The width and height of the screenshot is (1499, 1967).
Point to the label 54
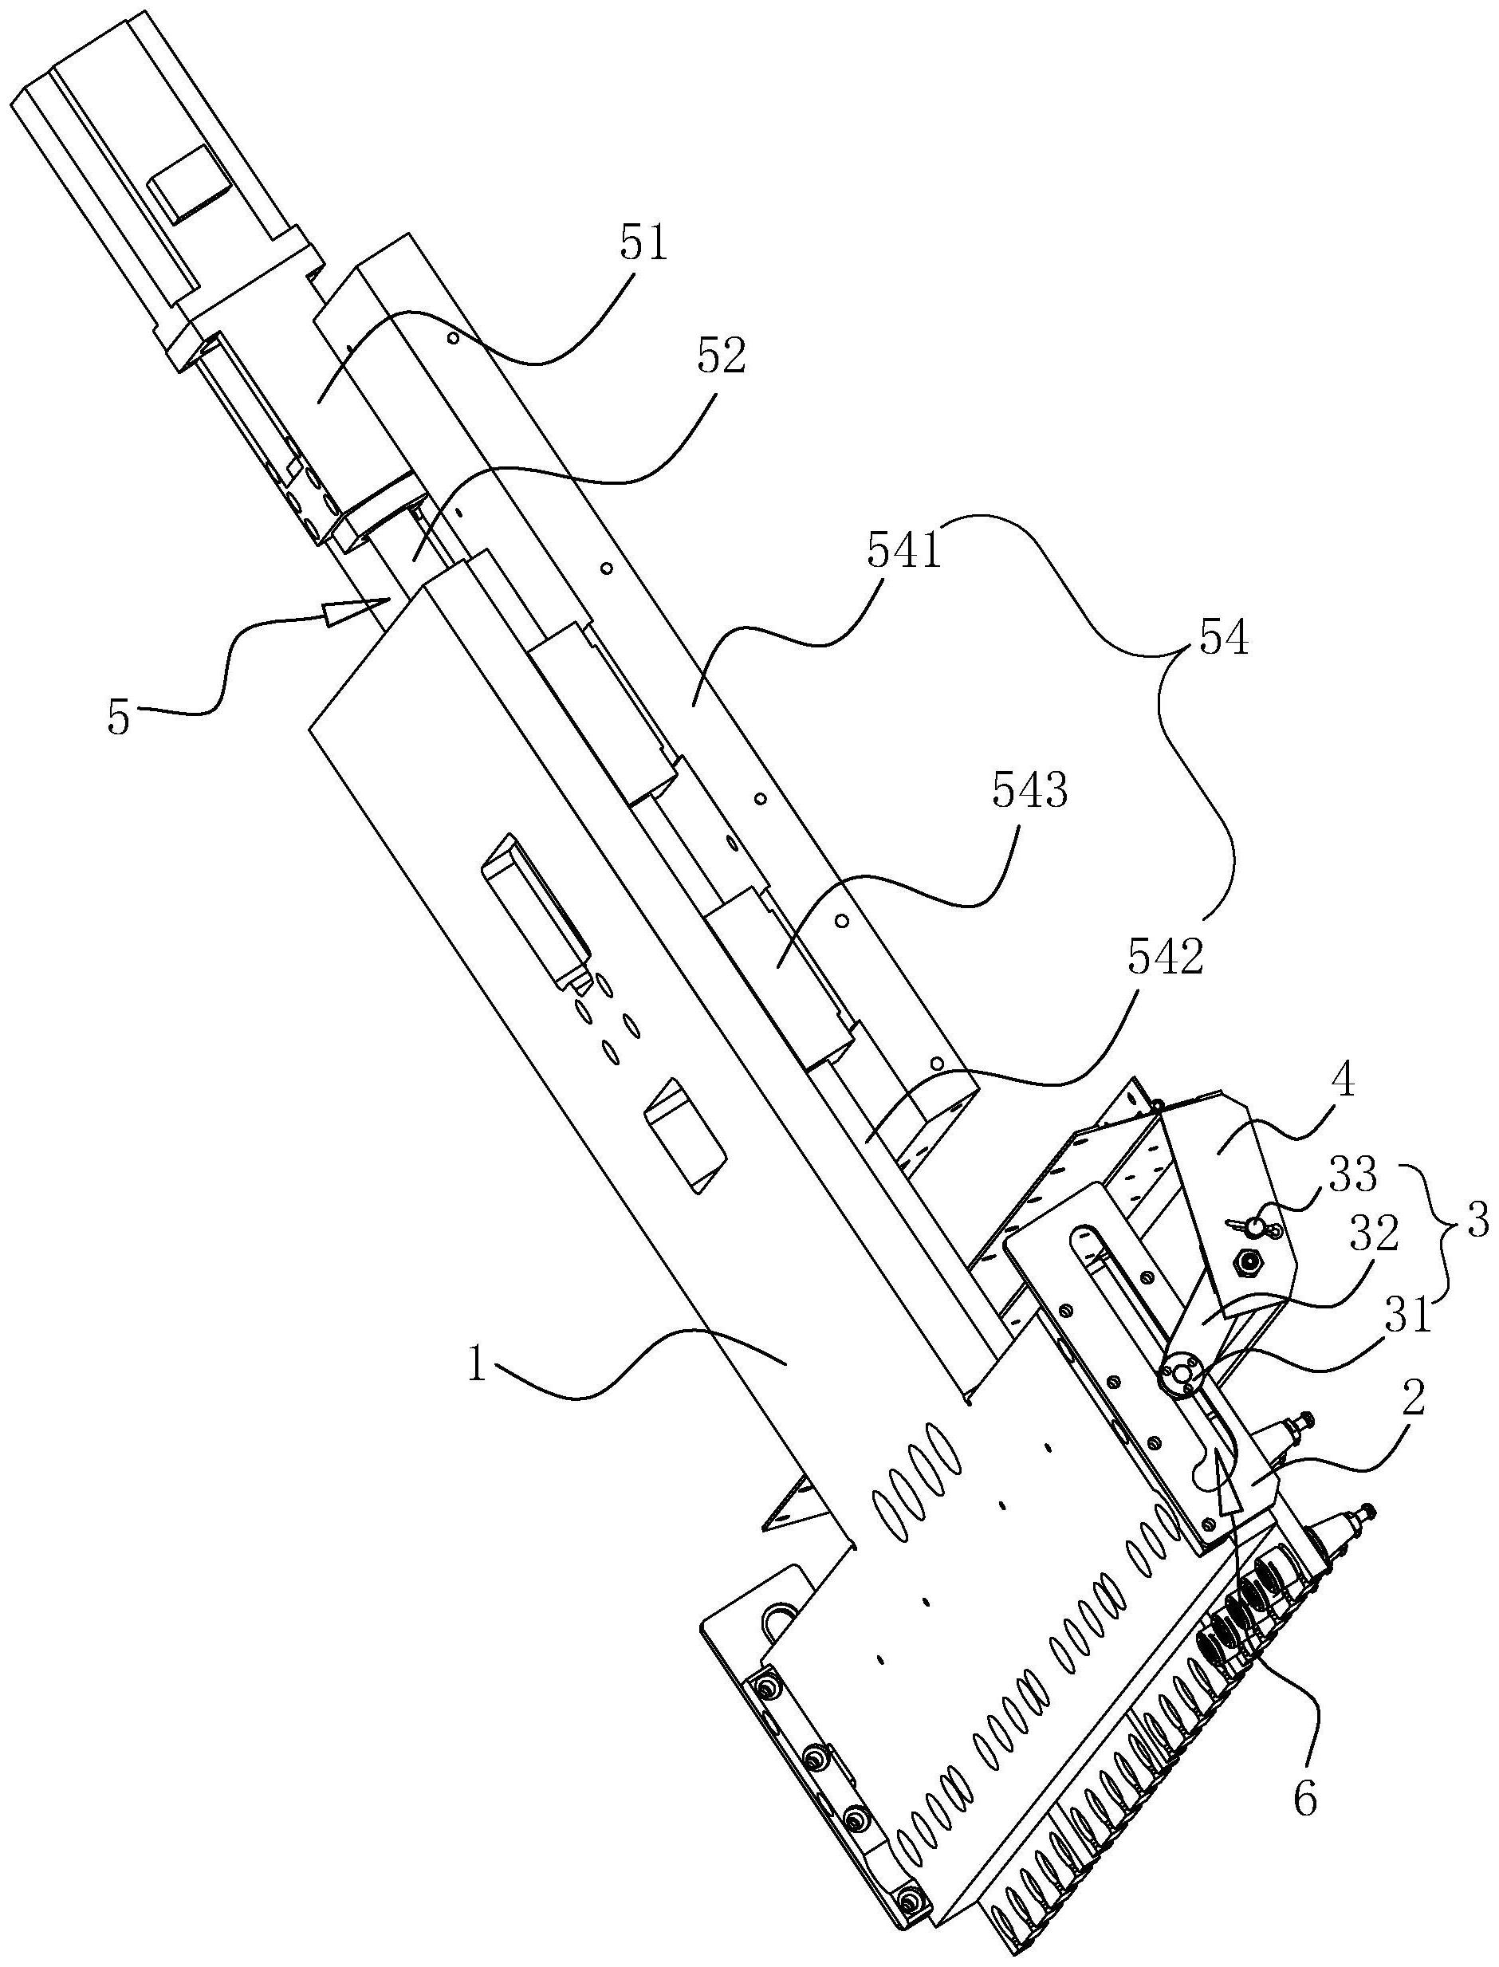1223,639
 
